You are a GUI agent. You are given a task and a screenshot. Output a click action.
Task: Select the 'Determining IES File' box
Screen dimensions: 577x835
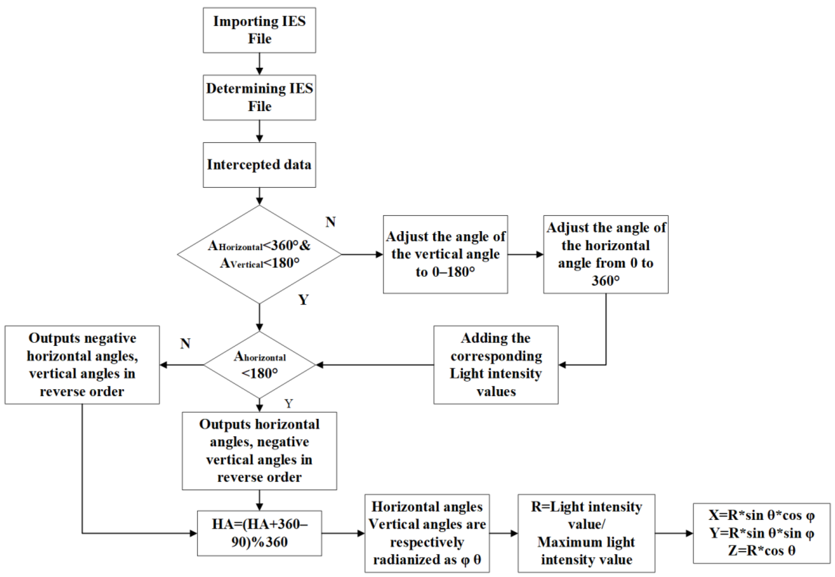point(259,98)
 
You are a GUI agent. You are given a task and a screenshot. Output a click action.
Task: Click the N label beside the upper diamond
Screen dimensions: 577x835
point(331,222)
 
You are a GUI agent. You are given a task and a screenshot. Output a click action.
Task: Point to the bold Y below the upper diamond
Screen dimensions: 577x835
point(304,299)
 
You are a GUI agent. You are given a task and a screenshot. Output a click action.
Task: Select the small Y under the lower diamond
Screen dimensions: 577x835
point(288,403)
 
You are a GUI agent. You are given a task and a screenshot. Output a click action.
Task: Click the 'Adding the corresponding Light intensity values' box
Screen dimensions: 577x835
point(496,365)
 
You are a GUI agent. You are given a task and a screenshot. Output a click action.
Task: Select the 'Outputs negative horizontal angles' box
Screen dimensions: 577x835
point(82,365)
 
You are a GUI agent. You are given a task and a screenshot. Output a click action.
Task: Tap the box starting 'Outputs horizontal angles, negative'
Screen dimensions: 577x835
point(259,451)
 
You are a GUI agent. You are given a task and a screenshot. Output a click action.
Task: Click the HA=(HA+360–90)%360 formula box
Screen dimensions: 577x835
point(259,533)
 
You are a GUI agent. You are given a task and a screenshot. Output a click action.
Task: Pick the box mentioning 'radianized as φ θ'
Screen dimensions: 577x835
point(427,533)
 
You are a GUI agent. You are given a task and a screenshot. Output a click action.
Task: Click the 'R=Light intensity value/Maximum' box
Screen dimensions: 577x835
point(586,533)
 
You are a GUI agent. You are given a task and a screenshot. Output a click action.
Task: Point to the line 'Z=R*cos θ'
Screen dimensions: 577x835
point(761,551)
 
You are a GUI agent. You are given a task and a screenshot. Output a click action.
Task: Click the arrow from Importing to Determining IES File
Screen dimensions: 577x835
point(259,64)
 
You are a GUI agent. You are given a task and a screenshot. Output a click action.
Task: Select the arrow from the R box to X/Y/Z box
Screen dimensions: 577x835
point(674,533)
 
